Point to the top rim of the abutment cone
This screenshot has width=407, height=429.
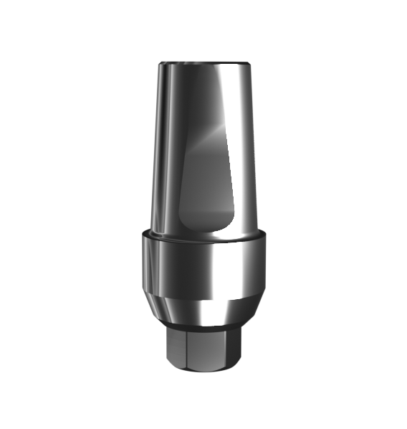[x=204, y=64]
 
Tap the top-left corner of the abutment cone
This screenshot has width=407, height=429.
[x=159, y=65]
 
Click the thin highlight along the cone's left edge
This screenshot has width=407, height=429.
[x=156, y=143]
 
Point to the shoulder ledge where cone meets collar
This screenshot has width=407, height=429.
[x=204, y=237]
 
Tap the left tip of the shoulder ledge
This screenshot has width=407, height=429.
[x=142, y=235]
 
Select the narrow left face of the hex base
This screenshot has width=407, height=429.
[x=175, y=349]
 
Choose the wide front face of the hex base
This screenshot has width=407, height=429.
[x=208, y=349]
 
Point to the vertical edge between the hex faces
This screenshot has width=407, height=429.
[x=185, y=349]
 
